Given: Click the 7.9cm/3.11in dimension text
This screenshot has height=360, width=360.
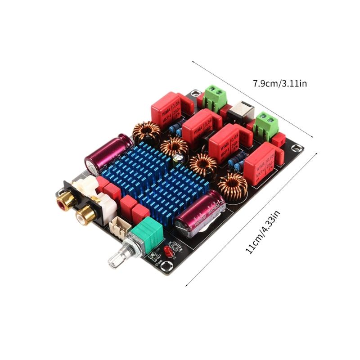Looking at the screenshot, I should click(x=279, y=83).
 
